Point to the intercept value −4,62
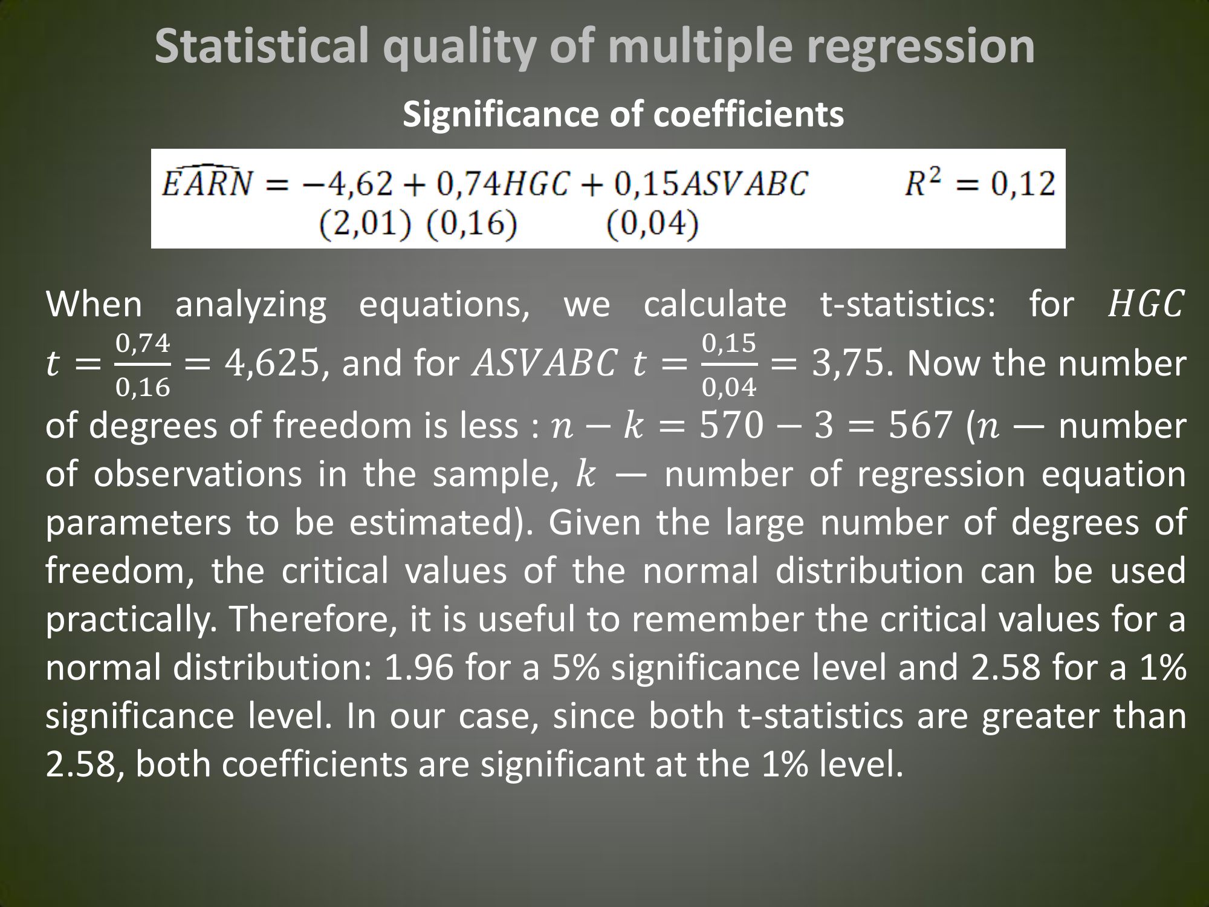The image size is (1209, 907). [353, 183]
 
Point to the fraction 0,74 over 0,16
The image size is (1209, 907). [143, 365]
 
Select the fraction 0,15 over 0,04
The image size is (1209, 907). [729, 365]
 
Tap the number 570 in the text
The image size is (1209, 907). [731, 425]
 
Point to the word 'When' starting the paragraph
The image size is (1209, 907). [94, 304]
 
